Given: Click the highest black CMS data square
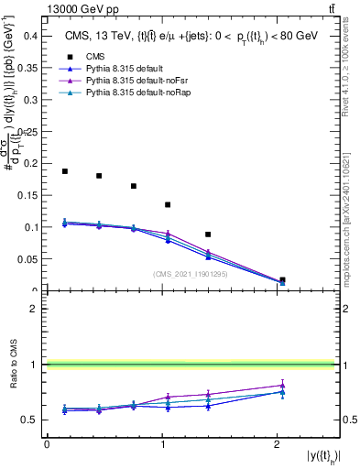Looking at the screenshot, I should [65, 171].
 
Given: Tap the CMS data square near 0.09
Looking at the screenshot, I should [208, 234].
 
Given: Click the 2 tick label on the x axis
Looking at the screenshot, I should [278, 444].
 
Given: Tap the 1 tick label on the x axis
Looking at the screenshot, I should [162, 444].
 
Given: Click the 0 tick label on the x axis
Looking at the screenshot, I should [47, 444].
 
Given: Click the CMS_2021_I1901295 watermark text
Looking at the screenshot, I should [191, 274].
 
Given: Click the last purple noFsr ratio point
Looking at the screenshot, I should [282, 385].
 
